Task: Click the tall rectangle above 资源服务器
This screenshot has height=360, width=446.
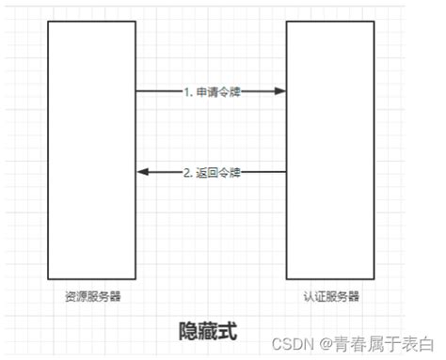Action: (x=91, y=150)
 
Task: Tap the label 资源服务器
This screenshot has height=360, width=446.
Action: (x=91, y=296)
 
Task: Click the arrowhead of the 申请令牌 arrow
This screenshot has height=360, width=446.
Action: (x=280, y=91)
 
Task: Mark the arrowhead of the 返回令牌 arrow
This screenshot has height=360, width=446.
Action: (x=142, y=172)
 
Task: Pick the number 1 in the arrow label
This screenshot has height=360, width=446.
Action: (x=187, y=92)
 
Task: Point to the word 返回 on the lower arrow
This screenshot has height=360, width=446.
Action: (x=207, y=172)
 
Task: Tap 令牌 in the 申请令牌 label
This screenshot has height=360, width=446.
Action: (x=230, y=92)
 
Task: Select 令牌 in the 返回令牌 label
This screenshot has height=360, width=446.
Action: (x=230, y=172)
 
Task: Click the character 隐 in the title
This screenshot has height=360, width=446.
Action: (x=187, y=331)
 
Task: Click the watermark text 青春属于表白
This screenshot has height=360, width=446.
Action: (x=386, y=344)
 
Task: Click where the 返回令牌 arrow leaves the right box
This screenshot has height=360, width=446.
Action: (x=286, y=172)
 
